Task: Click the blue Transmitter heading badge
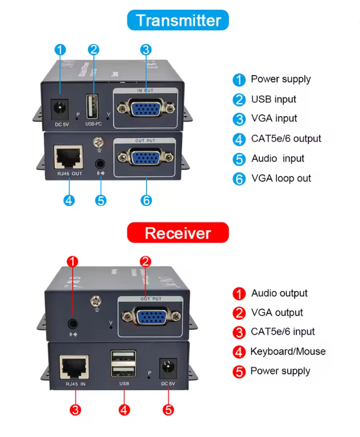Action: tap(178, 20)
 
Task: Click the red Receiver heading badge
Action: tap(178, 233)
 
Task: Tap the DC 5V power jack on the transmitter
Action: tap(58, 108)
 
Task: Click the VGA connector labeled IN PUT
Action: tap(146, 108)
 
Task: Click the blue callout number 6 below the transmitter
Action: tap(146, 200)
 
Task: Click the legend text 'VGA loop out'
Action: tap(281, 178)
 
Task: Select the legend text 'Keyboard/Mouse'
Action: tap(288, 352)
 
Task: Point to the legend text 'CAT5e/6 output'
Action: tap(286, 138)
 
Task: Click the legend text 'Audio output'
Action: tap(279, 293)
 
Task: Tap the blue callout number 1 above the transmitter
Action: tap(60, 50)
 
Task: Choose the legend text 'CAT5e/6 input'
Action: tap(283, 332)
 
